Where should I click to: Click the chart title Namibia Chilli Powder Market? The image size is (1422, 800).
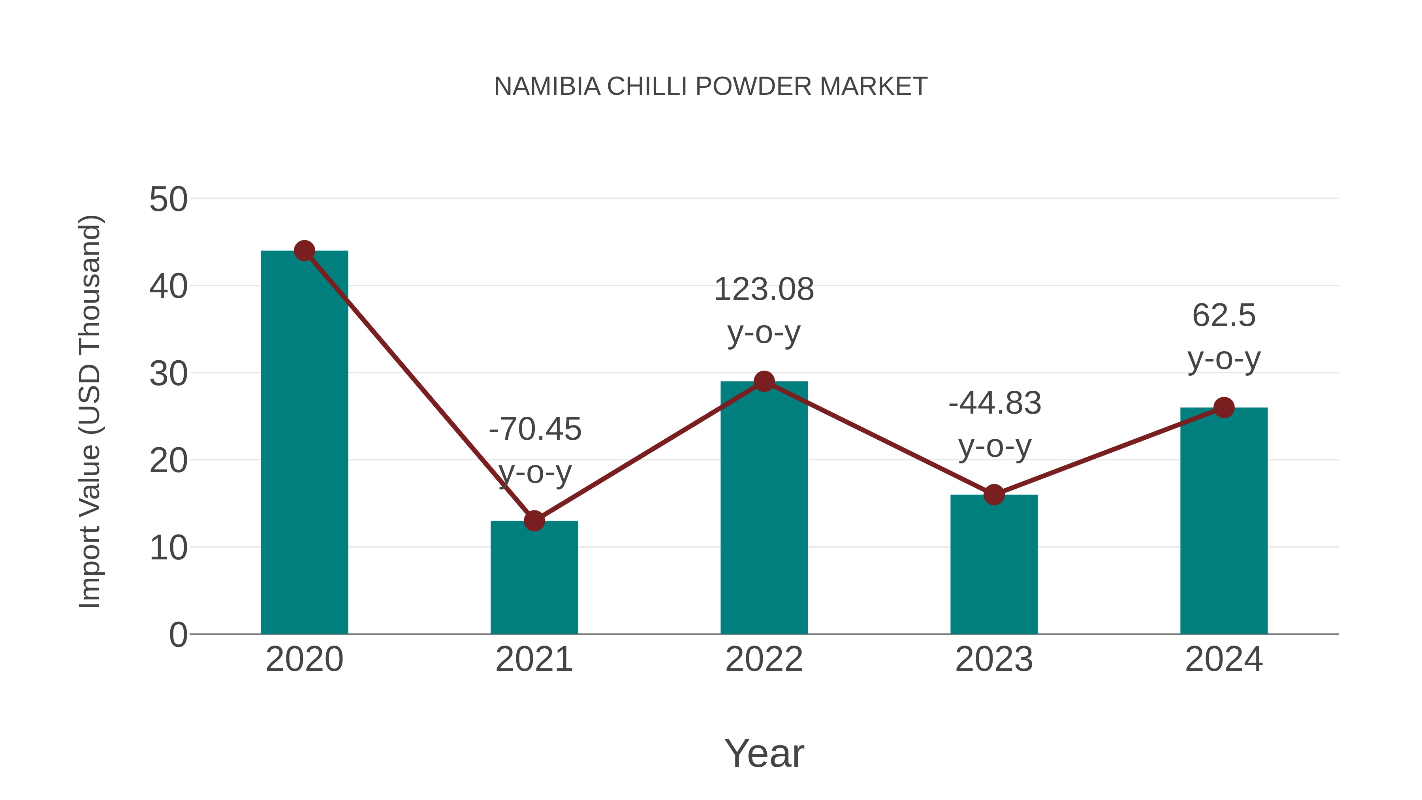point(711,87)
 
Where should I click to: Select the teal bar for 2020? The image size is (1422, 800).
point(304,442)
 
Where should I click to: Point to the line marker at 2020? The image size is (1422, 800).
point(304,250)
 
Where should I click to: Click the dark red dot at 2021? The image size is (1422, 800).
point(534,521)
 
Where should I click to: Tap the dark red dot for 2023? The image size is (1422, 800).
point(994,495)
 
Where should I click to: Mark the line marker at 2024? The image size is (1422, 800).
point(1224,407)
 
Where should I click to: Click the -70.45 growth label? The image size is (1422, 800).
point(535,429)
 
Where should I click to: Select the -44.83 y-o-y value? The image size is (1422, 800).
point(995,403)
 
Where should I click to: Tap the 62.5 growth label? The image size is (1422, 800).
point(1224,316)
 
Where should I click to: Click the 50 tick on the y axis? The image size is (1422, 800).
point(168,200)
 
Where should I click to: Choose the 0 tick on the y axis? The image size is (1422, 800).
point(178,634)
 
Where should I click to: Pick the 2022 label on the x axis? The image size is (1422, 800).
point(764,659)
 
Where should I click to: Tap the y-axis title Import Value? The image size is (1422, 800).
point(89,411)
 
